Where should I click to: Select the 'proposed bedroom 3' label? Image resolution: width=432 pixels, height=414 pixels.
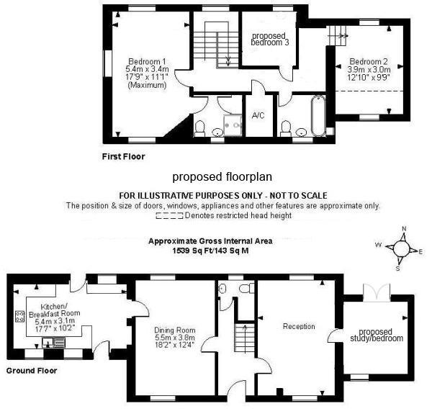pyautogui.click(x=269, y=39)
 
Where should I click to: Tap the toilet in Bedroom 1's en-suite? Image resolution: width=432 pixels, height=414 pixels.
pyautogui.click(x=201, y=128)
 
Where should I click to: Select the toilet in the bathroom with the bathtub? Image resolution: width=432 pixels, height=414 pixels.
pyautogui.click(x=287, y=128)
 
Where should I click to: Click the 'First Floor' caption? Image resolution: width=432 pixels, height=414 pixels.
pyautogui.click(x=124, y=156)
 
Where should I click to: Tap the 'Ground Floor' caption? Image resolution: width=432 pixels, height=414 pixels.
pyautogui.click(x=31, y=372)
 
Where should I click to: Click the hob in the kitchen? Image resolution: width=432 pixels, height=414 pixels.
pyautogui.click(x=19, y=317)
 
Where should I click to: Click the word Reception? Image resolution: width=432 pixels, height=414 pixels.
pyautogui.click(x=298, y=326)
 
